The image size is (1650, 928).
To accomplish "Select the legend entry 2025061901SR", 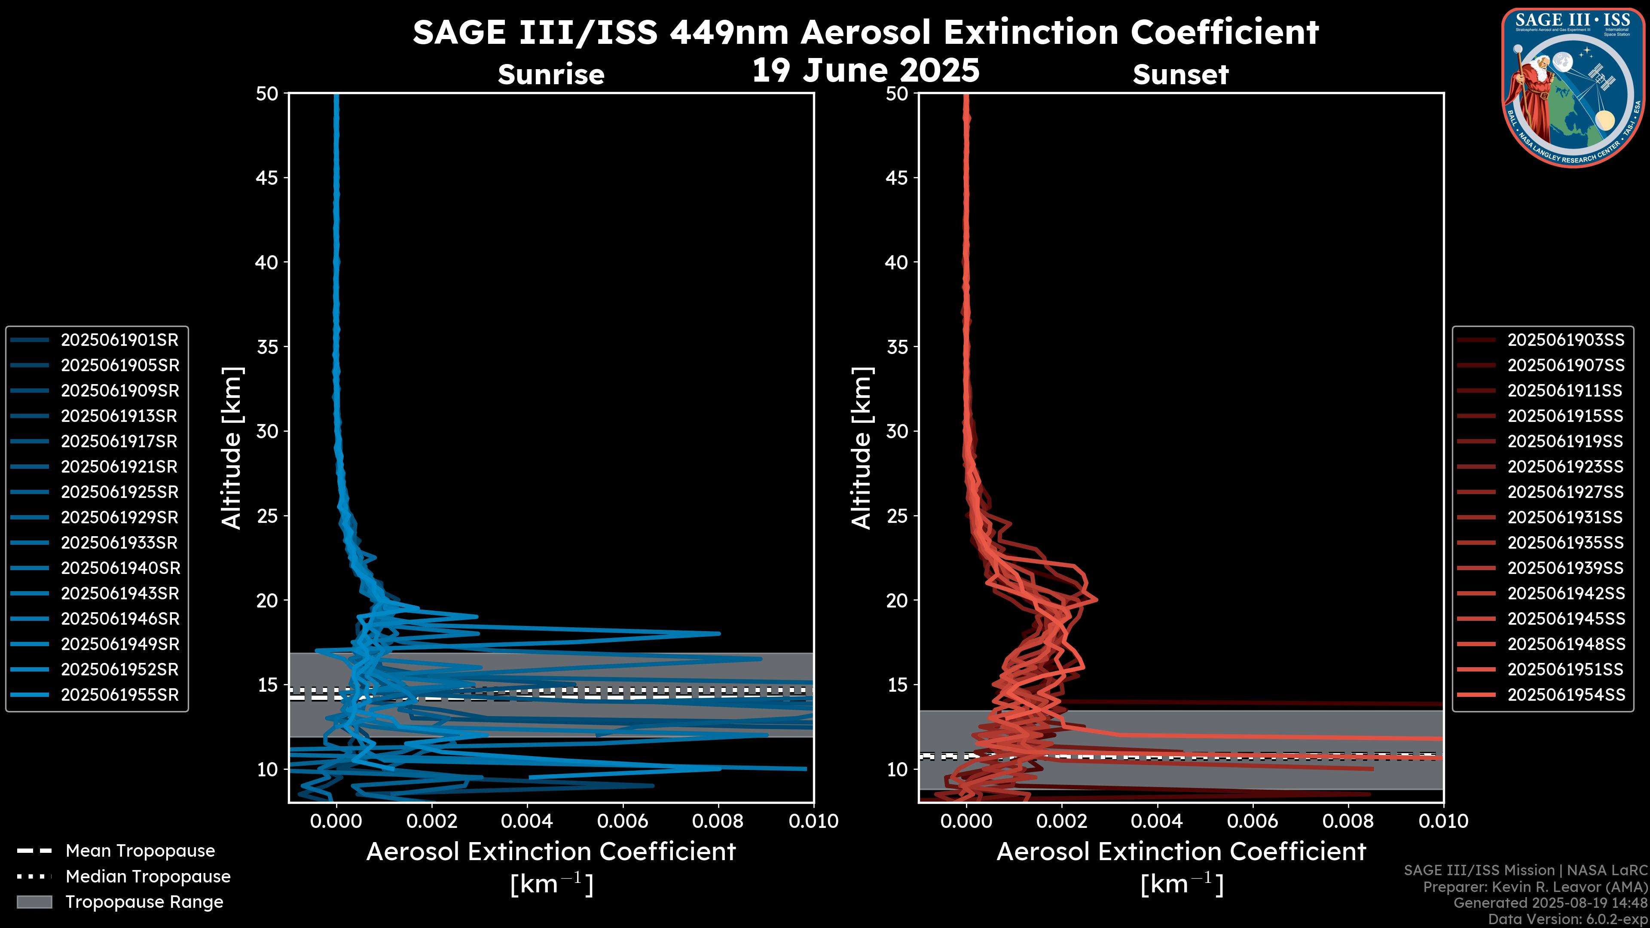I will pos(119,340).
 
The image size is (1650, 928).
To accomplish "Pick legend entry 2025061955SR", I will pos(119,695).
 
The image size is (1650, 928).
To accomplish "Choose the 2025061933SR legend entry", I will pos(119,543).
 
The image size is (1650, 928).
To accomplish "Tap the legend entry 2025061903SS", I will pos(1565,340).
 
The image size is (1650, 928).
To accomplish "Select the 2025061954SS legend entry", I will pos(1565,695).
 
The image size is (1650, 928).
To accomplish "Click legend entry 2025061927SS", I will pos(1565,492).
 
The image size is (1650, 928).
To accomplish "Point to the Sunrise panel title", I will pos(551,75).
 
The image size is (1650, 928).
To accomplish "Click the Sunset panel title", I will pos(1180,75).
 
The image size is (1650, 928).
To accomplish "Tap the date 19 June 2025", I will pos(865,70).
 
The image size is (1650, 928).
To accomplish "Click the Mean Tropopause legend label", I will pos(140,851).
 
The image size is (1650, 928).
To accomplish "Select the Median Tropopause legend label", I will pos(148,877).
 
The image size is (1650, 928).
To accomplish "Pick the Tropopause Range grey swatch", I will pos(34,902).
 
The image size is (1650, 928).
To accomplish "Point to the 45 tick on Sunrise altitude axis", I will pos(267,178).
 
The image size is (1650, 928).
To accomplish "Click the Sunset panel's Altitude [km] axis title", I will pos(862,448).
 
